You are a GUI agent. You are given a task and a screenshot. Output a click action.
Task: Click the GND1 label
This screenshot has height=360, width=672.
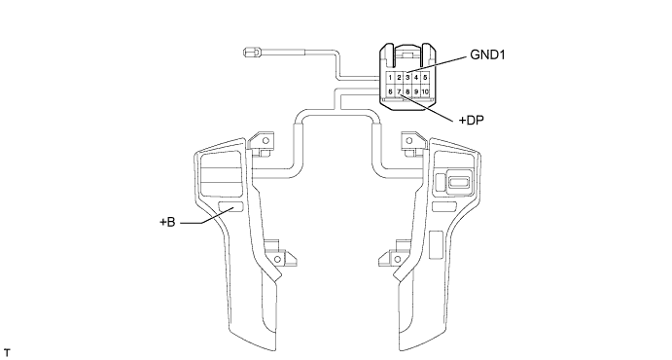click(x=488, y=54)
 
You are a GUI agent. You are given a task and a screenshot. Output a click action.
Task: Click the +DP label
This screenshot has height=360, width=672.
click(x=472, y=121)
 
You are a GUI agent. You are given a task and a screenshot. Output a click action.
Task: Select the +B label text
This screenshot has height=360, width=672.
click(x=167, y=222)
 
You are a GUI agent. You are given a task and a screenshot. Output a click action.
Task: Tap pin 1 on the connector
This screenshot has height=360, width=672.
click(x=390, y=78)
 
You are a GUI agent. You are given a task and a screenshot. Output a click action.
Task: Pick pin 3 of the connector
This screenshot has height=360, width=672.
click(x=407, y=78)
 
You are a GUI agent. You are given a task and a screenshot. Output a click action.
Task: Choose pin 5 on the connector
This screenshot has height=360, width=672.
click(x=425, y=78)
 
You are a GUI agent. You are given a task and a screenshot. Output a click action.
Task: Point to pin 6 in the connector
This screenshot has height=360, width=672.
click(x=390, y=91)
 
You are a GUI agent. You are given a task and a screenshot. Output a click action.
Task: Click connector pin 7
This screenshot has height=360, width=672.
click(x=399, y=91)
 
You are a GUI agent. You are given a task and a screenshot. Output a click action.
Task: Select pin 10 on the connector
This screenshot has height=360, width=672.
click(x=425, y=91)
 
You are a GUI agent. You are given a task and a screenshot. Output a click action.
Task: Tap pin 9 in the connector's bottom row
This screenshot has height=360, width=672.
click(x=416, y=91)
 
